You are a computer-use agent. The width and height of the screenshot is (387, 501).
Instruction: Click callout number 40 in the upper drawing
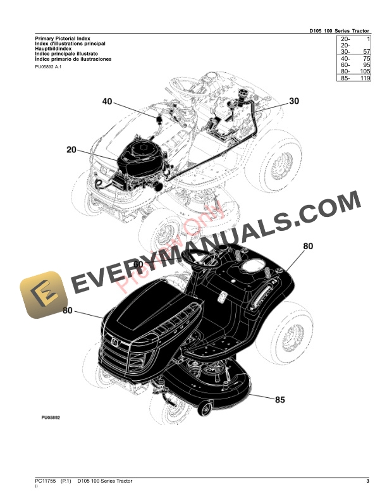point(106,102)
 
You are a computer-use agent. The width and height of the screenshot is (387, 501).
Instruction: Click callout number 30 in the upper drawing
point(294,101)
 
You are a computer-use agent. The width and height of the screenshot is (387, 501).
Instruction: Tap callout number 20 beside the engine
point(71,150)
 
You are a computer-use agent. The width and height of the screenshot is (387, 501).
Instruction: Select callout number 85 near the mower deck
point(279,399)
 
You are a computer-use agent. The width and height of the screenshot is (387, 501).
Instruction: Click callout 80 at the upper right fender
point(308,246)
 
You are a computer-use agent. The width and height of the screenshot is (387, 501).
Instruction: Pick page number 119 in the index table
point(364,78)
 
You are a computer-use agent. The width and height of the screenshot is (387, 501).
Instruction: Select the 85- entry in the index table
point(345,78)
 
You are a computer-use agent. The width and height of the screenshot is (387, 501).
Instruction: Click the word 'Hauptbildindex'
point(54,49)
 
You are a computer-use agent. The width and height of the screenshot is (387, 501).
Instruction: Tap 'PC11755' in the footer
point(47,482)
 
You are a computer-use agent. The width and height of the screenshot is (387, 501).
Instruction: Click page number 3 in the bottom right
point(367,482)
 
